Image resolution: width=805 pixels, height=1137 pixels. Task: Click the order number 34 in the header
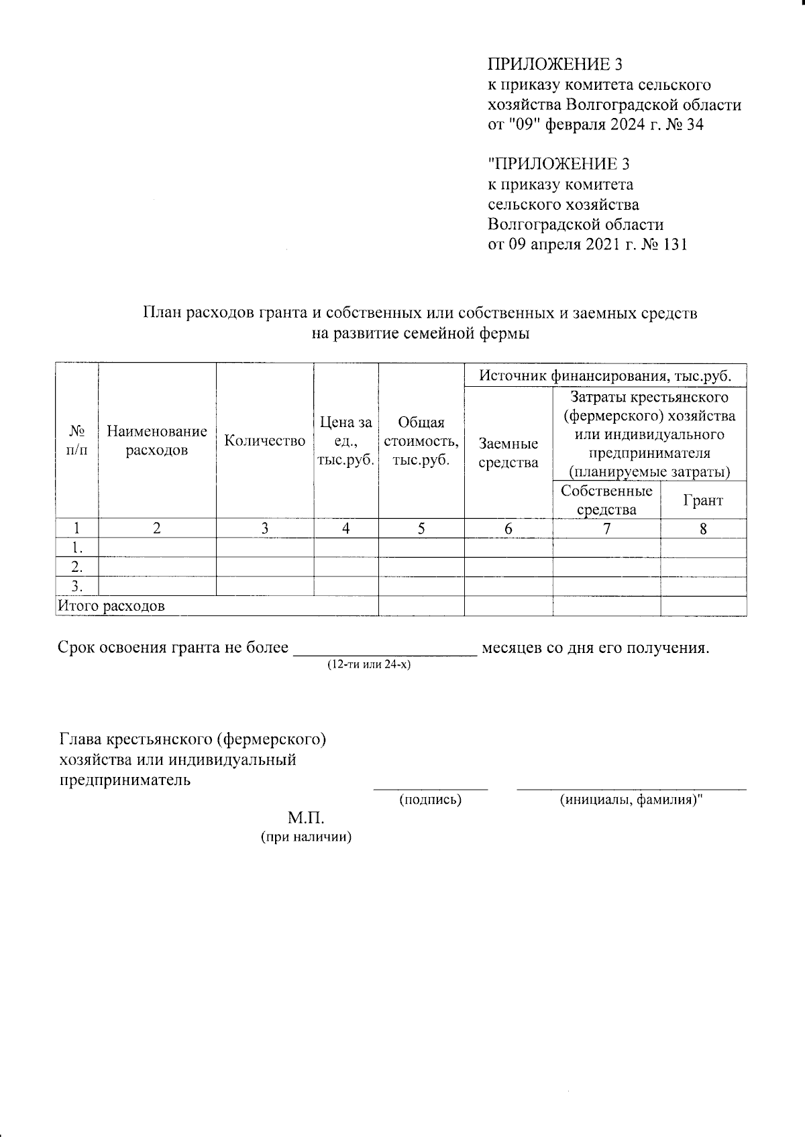coord(694,125)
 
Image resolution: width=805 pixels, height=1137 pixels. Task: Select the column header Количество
coord(265,440)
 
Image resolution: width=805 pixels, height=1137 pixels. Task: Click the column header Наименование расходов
coord(157,440)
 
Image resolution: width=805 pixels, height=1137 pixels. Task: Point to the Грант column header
coord(703,500)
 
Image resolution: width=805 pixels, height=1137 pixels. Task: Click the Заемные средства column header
coord(508,453)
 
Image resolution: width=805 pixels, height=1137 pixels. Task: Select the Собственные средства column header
coord(606,500)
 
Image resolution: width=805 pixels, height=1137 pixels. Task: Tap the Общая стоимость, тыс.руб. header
coord(421,440)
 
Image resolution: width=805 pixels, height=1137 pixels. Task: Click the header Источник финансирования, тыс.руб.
coord(605,375)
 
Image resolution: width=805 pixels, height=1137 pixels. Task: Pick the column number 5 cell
coord(421,528)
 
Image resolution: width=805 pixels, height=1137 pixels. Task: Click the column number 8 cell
coord(703,528)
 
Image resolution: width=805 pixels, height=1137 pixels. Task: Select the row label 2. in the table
coord(76,567)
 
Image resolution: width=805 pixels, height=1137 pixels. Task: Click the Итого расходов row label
coord(111,607)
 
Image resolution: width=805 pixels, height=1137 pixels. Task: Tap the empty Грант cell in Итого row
coord(703,607)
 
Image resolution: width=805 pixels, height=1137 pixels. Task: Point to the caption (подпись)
coord(430,800)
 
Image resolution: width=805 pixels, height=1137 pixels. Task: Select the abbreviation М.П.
coord(306,819)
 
